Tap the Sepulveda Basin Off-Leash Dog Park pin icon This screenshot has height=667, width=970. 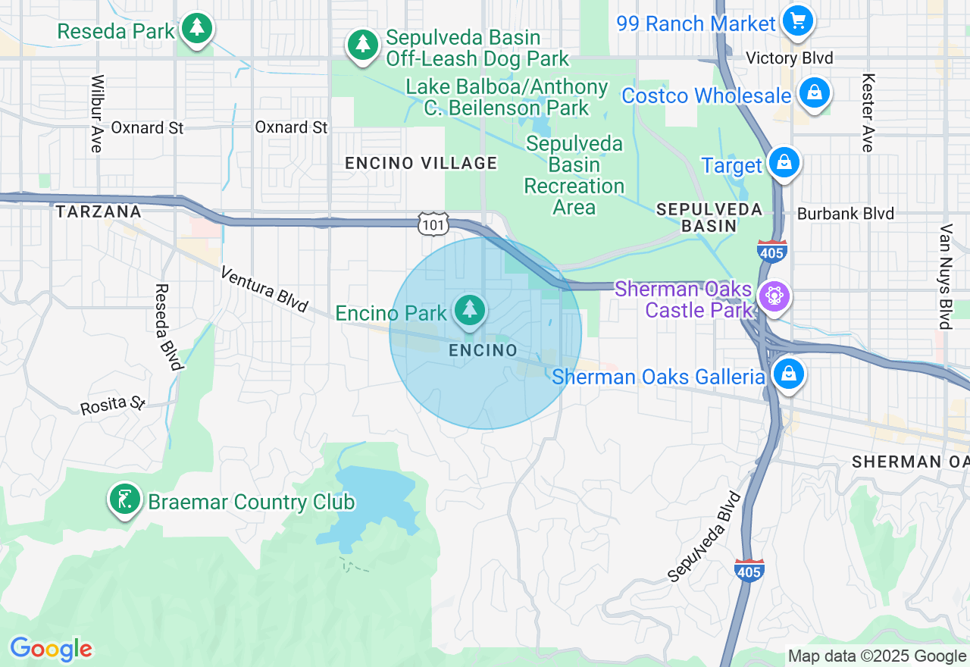pos(363,45)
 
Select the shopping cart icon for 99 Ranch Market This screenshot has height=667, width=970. pos(797,20)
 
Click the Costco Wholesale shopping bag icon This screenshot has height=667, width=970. pos(814,93)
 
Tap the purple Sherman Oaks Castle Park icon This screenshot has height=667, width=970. pos(774,296)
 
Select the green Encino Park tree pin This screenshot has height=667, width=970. pos(470,309)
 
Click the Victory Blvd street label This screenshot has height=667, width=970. pos(789,58)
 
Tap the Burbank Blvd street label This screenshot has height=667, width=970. pos(845,214)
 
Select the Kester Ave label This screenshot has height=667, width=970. pos(868,113)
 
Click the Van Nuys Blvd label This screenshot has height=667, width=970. pos(945,276)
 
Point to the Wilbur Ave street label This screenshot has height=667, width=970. pos(96,114)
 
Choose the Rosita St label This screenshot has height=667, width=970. pos(113,404)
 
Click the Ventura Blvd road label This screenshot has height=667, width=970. pos(264,289)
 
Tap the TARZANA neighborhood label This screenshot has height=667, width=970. pos(99,211)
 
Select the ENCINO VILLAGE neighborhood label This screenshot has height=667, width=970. pos(421,163)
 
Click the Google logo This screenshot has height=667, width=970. pos(51,649)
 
